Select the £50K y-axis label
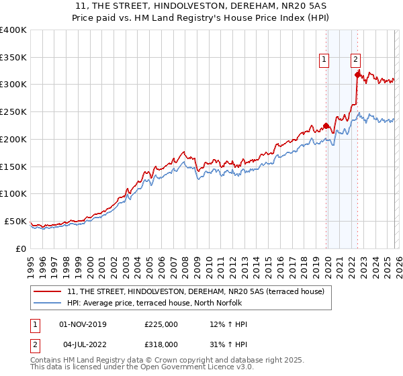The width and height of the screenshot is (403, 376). pyautogui.click(x=15, y=221)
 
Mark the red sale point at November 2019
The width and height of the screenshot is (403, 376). pyautogui.click(x=326, y=126)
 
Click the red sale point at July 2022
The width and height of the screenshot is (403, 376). pyautogui.click(x=357, y=75)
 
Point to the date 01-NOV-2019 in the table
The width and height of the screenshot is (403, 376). pyautogui.click(x=83, y=324)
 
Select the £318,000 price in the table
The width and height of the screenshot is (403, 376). pyautogui.click(x=161, y=344)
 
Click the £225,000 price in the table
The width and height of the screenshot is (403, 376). pyautogui.click(x=161, y=324)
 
